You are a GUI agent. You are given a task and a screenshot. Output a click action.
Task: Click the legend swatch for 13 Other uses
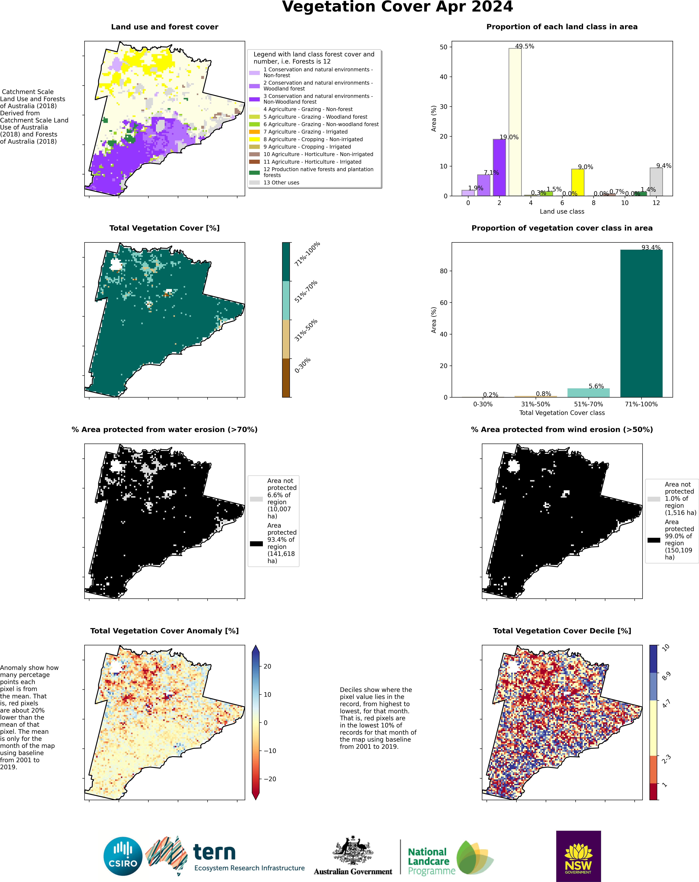[254, 182]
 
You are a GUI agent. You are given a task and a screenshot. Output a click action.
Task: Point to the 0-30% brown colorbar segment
[286, 378]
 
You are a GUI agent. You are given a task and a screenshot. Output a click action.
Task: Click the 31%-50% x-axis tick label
[535, 404]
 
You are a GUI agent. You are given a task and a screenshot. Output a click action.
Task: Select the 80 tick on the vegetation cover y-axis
[444, 271]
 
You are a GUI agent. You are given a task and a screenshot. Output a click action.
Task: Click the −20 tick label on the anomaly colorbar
[270, 779]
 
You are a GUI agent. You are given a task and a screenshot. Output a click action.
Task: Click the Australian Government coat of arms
[353, 850]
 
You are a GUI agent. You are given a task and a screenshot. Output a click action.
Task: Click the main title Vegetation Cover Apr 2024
[397, 7]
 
